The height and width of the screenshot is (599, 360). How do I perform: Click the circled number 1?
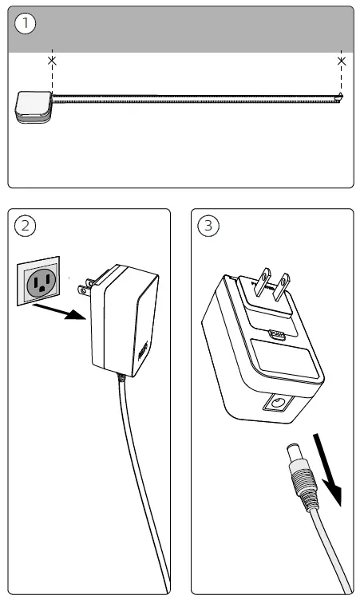tap(26, 24)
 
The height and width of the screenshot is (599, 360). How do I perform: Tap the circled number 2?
tap(26, 226)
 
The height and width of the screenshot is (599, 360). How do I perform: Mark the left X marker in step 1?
tap(52, 61)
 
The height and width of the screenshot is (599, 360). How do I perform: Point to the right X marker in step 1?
tap(342, 61)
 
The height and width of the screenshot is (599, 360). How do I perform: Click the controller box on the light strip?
tap(33, 107)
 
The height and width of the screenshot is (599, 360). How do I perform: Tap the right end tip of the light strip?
tap(341, 98)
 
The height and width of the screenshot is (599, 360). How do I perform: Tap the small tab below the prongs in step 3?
tap(277, 335)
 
